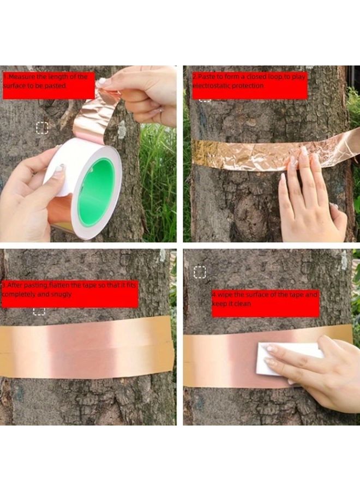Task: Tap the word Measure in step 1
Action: click(x=22, y=77)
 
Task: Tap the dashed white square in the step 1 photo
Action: click(x=42, y=128)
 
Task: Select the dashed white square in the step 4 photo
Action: click(x=200, y=272)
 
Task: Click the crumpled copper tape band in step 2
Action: click(x=245, y=154)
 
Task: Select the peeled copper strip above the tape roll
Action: click(x=95, y=117)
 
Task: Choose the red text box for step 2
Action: click(x=249, y=85)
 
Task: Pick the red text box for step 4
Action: click(x=265, y=303)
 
